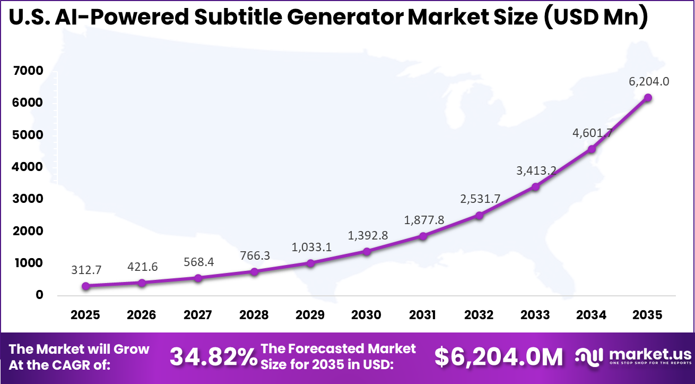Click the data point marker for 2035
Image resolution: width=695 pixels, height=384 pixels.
click(648, 98)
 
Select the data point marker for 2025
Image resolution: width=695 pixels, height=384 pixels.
click(86, 286)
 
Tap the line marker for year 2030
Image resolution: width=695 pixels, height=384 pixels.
click(367, 251)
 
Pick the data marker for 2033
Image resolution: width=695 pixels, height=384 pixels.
click(535, 187)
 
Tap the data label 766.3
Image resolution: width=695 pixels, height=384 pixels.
click(255, 255)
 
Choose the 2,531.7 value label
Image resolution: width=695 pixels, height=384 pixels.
click(479, 199)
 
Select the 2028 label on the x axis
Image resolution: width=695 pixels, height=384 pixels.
click(254, 315)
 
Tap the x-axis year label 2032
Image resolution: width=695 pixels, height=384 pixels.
click(479, 315)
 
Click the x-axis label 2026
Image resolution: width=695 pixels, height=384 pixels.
click(142, 315)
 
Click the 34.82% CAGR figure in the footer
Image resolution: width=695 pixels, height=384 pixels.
click(213, 357)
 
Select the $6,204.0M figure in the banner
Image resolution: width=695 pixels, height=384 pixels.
click(499, 357)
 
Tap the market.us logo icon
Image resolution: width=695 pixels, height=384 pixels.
click(589, 356)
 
